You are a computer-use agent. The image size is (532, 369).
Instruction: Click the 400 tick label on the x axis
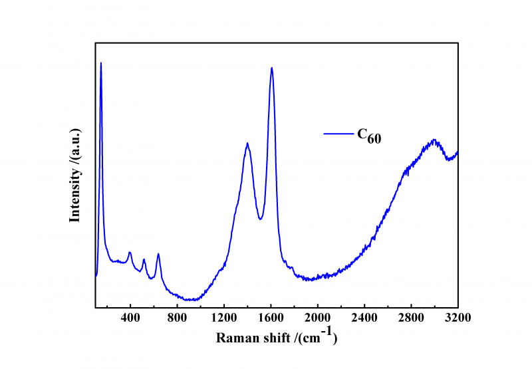click(x=130, y=317)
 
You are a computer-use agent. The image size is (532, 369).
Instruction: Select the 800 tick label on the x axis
click(x=177, y=317)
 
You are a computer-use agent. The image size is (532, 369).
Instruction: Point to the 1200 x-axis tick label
click(x=224, y=317)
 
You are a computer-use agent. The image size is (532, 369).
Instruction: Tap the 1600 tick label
click(x=271, y=317)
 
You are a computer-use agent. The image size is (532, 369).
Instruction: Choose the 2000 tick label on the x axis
click(x=318, y=317)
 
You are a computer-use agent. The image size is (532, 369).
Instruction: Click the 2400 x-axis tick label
click(x=364, y=317)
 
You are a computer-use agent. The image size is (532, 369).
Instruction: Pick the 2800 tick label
click(x=411, y=317)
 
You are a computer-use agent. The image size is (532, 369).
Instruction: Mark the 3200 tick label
click(x=458, y=317)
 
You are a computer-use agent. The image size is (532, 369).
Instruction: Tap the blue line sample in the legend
click(x=338, y=134)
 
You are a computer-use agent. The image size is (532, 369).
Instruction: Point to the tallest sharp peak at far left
click(x=101, y=63)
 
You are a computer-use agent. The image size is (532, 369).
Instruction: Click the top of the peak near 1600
click(x=271, y=68)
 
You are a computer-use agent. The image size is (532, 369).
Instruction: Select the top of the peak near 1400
click(x=247, y=143)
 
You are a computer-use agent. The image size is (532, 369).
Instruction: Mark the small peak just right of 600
click(x=158, y=254)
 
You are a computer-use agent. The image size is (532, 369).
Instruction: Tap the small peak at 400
click(x=130, y=253)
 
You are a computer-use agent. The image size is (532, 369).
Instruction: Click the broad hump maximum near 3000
click(x=434, y=140)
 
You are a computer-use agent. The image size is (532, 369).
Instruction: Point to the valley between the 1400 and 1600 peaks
click(x=261, y=219)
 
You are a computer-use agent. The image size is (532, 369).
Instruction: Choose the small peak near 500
click(x=144, y=259)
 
